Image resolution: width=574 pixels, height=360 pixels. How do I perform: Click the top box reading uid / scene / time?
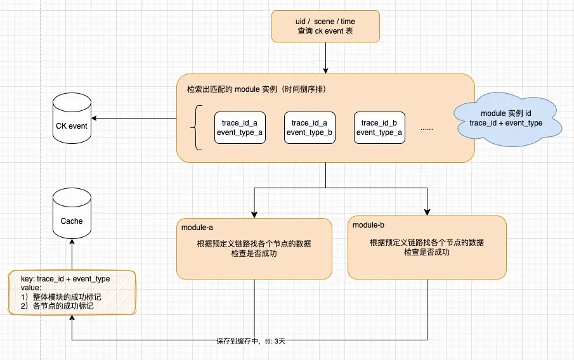click(x=325, y=27)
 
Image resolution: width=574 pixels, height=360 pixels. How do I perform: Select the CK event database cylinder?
click(x=72, y=118)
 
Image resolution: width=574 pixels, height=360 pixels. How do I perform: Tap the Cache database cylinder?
click(x=72, y=214)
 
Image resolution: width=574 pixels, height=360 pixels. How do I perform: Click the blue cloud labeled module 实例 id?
click(x=507, y=119)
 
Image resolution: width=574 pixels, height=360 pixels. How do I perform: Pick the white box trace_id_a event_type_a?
click(x=240, y=127)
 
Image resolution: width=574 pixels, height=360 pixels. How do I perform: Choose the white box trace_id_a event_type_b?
click(x=310, y=127)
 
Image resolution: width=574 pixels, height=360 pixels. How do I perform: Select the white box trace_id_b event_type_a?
click(x=379, y=127)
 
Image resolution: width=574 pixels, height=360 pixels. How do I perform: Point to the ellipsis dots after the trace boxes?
click(x=427, y=129)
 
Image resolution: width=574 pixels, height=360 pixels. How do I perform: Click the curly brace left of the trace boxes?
click(x=196, y=127)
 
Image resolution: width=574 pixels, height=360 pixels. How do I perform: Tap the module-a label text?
click(x=197, y=228)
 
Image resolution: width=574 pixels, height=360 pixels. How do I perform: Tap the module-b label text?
click(x=369, y=225)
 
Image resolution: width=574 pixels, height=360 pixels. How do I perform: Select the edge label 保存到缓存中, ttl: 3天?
click(x=251, y=341)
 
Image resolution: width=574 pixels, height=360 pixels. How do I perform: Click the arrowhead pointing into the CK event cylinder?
click(x=94, y=118)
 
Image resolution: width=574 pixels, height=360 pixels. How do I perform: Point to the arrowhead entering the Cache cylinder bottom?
click(x=72, y=242)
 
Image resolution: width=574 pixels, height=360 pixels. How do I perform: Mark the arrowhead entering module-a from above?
click(x=254, y=215)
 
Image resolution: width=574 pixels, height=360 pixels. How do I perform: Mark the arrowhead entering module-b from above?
click(x=427, y=212)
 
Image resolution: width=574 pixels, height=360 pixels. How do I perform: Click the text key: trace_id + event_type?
click(x=65, y=279)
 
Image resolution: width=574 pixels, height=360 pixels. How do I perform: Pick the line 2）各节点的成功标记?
click(x=57, y=306)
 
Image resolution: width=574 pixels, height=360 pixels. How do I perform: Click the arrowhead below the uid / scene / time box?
click(x=325, y=70)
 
